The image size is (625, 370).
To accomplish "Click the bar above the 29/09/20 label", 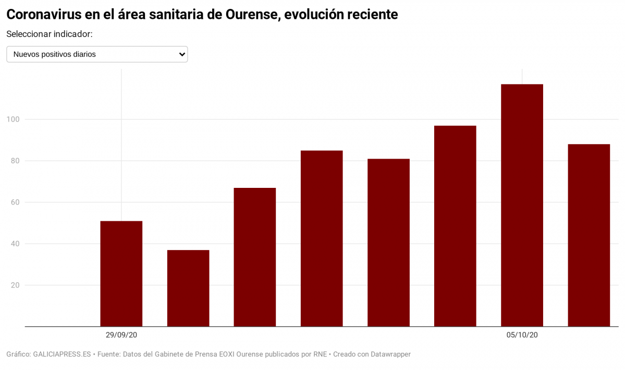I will coord(121,274).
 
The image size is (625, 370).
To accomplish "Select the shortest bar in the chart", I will coord(188,288).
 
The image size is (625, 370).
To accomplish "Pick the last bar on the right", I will coord(589,235).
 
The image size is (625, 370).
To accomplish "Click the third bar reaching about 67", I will coord(254,257).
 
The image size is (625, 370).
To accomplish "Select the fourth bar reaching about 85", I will coord(322,238).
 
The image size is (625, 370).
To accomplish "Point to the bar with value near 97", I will coord(455,226).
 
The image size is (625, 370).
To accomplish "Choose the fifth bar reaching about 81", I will coord(388,243).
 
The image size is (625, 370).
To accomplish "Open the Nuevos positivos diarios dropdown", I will coord(97,54).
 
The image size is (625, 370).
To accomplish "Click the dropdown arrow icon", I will coord(182,54).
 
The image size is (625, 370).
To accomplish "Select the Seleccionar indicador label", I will coord(50,34).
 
